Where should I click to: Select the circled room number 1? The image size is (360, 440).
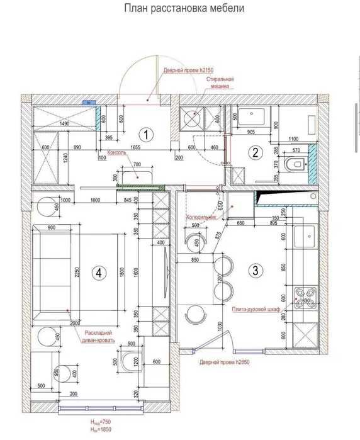(x=146, y=134)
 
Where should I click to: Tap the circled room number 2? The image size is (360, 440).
(x=255, y=152)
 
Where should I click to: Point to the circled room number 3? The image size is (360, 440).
(x=255, y=271)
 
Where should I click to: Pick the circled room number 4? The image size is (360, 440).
(x=98, y=273)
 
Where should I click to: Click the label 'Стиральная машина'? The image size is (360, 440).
(x=220, y=83)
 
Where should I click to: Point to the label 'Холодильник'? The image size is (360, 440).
(x=201, y=217)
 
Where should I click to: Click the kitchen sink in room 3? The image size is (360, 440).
(x=308, y=238)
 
